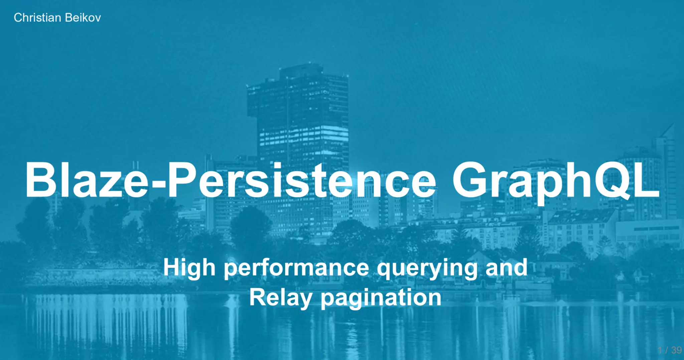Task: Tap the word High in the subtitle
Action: point(189,268)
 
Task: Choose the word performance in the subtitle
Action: point(296,268)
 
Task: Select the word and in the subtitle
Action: point(506,267)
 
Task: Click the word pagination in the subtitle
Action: point(381,298)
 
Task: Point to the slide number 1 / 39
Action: point(669,350)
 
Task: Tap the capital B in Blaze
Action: point(40,180)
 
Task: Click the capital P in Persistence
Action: point(182,180)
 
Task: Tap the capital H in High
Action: point(172,267)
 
